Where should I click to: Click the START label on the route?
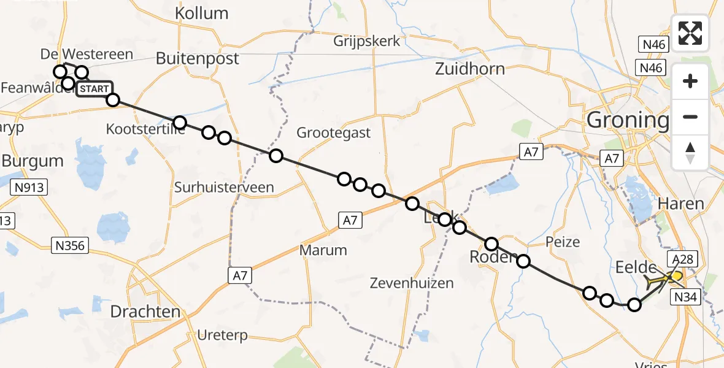94,90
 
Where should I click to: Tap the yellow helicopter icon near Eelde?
663,280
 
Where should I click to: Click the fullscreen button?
690,33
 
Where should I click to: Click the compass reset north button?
690,153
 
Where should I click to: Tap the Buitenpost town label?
198,58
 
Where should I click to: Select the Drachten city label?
145,312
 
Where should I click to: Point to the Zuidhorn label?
469,68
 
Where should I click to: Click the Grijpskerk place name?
367,41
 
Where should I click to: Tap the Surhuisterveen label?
224,187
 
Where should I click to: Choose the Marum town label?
323,250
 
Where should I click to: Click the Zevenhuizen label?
412,283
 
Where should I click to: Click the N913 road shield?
29,188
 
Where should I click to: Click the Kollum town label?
201,13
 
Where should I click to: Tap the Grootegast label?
333,132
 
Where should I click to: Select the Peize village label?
563,242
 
